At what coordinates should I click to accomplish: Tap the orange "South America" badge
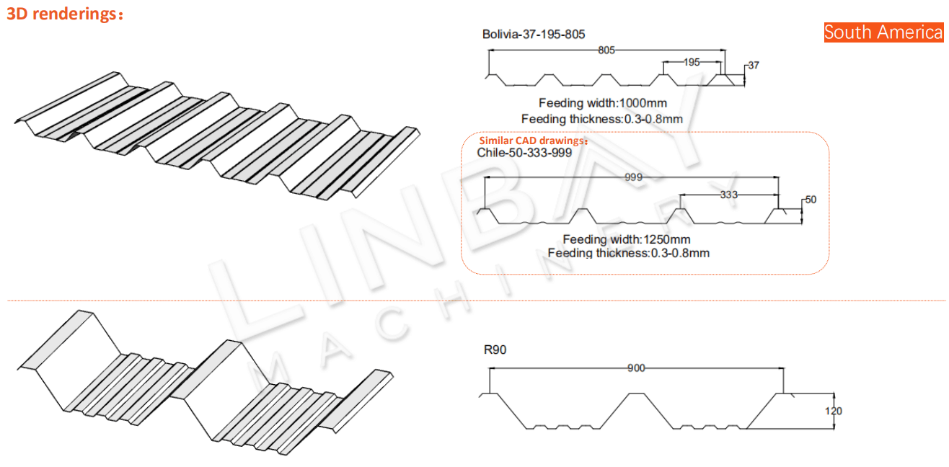pos(883,32)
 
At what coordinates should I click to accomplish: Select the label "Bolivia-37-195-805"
pos(533,34)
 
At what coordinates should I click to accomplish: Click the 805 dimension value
pos(606,50)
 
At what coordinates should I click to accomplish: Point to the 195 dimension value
pos(691,63)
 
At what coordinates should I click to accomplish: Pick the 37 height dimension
pos(753,66)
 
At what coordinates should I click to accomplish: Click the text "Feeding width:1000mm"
pos(603,103)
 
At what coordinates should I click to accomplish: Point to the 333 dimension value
pos(729,195)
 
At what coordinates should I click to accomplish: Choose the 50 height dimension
pos(810,200)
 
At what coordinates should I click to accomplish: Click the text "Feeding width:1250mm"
pos(626,239)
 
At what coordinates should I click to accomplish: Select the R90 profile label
pos(495,351)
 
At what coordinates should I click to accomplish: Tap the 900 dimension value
pos(635,368)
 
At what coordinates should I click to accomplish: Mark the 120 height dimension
pos(834,412)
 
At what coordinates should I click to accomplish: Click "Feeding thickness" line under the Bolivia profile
pos(601,119)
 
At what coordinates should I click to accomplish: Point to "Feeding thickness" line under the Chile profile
pos(628,253)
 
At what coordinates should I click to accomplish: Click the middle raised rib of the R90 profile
pos(637,394)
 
